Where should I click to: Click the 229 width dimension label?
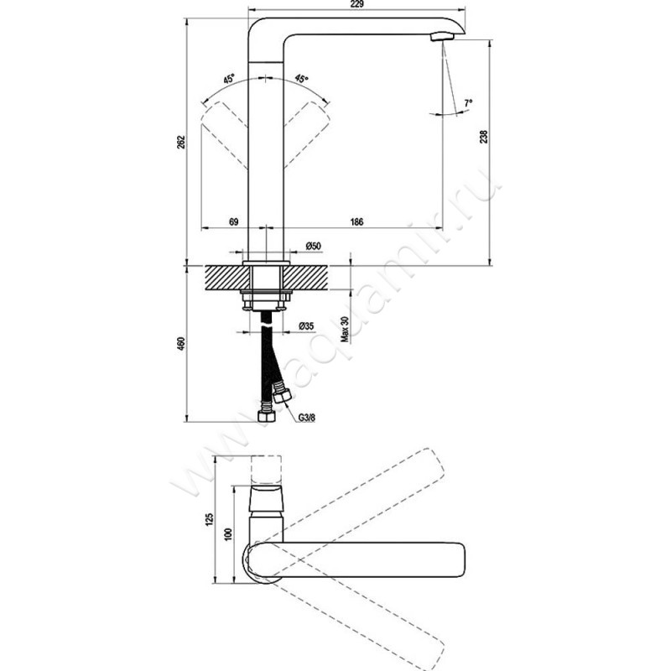357,4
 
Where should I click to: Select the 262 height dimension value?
181,142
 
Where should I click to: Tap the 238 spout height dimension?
484,137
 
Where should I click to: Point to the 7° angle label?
468,103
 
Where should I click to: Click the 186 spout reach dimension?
356,221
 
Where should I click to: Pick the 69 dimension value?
233,221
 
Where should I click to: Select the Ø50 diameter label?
313,246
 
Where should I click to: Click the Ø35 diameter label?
306,326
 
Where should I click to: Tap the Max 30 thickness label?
346,329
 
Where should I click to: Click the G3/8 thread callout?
307,418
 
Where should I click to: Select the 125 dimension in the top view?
209,519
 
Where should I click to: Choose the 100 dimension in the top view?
228,533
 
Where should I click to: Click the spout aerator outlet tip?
443,37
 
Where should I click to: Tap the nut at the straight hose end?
267,416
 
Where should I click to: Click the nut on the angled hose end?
283,396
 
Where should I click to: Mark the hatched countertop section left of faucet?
226,278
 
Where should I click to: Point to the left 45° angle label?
229,79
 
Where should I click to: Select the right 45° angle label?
302,79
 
